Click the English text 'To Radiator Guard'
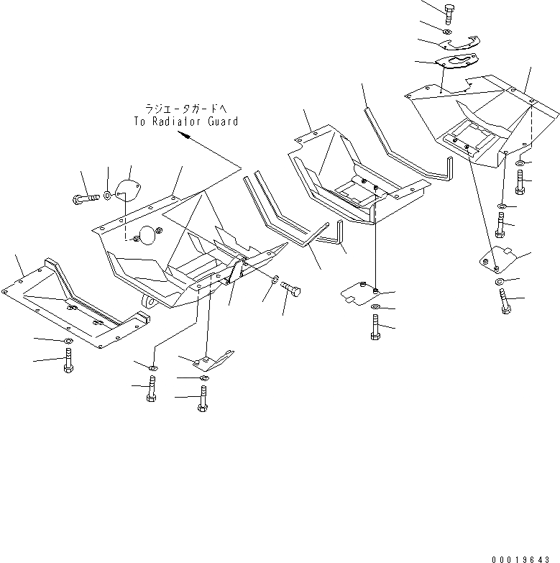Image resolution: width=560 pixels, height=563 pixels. [185, 122]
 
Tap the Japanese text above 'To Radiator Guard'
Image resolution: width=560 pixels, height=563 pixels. [185, 109]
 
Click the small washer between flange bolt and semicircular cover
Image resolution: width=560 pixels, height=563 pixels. [107, 193]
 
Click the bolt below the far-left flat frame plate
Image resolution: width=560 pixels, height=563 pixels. [68, 360]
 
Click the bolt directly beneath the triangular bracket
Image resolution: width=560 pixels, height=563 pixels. [202, 397]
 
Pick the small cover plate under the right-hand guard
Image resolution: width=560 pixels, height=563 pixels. [498, 259]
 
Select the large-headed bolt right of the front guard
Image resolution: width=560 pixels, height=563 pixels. [292, 290]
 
